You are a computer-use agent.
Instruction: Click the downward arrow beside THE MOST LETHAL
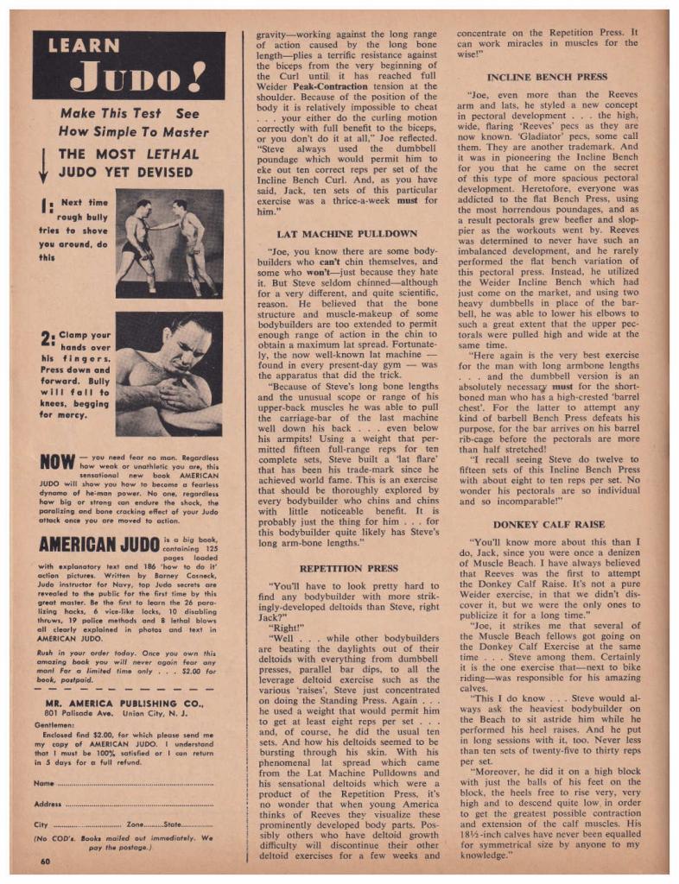pos(44,165)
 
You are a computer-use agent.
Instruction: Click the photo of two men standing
pos(168,243)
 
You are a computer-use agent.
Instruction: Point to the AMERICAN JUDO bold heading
pos(97,546)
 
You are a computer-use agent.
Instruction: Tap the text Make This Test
pos(105,113)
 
